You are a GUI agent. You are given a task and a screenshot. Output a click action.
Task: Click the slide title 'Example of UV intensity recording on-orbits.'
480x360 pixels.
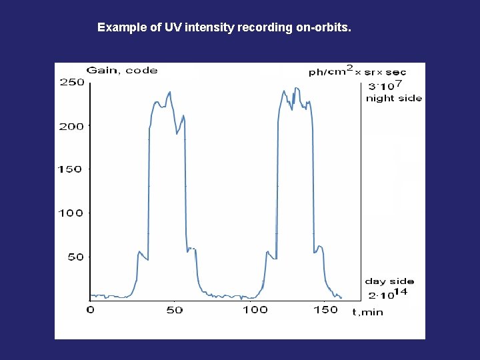(x=224, y=28)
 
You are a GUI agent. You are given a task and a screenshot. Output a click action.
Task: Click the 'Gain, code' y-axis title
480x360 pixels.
(x=122, y=70)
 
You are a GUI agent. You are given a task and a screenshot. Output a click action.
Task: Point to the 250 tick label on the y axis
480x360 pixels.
(x=72, y=83)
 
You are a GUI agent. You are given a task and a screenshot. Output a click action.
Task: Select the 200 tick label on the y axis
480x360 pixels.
(x=72, y=126)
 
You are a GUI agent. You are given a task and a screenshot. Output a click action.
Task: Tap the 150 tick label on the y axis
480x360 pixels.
(x=71, y=169)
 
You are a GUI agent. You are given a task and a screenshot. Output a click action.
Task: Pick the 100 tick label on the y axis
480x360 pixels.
(x=71, y=213)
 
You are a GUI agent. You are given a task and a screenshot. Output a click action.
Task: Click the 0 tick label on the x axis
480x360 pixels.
(x=91, y=310)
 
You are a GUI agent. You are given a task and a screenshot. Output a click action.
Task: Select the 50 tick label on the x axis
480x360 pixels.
(x=174, y=310)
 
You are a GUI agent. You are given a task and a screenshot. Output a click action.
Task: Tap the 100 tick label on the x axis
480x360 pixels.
(x=255, y=310)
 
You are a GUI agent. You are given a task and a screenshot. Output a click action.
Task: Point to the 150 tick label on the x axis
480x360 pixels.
(x=326, y=310)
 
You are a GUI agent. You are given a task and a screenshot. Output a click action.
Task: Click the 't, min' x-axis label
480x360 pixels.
(x=367, y=312)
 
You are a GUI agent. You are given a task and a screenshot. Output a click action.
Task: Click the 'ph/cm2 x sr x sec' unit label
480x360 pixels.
(x=357, y=71)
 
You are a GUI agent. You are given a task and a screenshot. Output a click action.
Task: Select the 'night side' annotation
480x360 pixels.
(x=393, y=98)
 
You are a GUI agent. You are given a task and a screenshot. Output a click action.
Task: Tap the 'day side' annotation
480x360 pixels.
(x=389, y=281)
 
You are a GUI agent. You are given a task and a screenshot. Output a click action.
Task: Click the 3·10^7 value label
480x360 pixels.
(x=385, y=85)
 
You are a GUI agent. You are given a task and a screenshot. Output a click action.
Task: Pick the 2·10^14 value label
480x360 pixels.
(x=387, y=294)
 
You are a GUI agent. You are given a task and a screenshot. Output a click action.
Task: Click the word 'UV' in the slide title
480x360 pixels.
(x=173, y=28)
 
